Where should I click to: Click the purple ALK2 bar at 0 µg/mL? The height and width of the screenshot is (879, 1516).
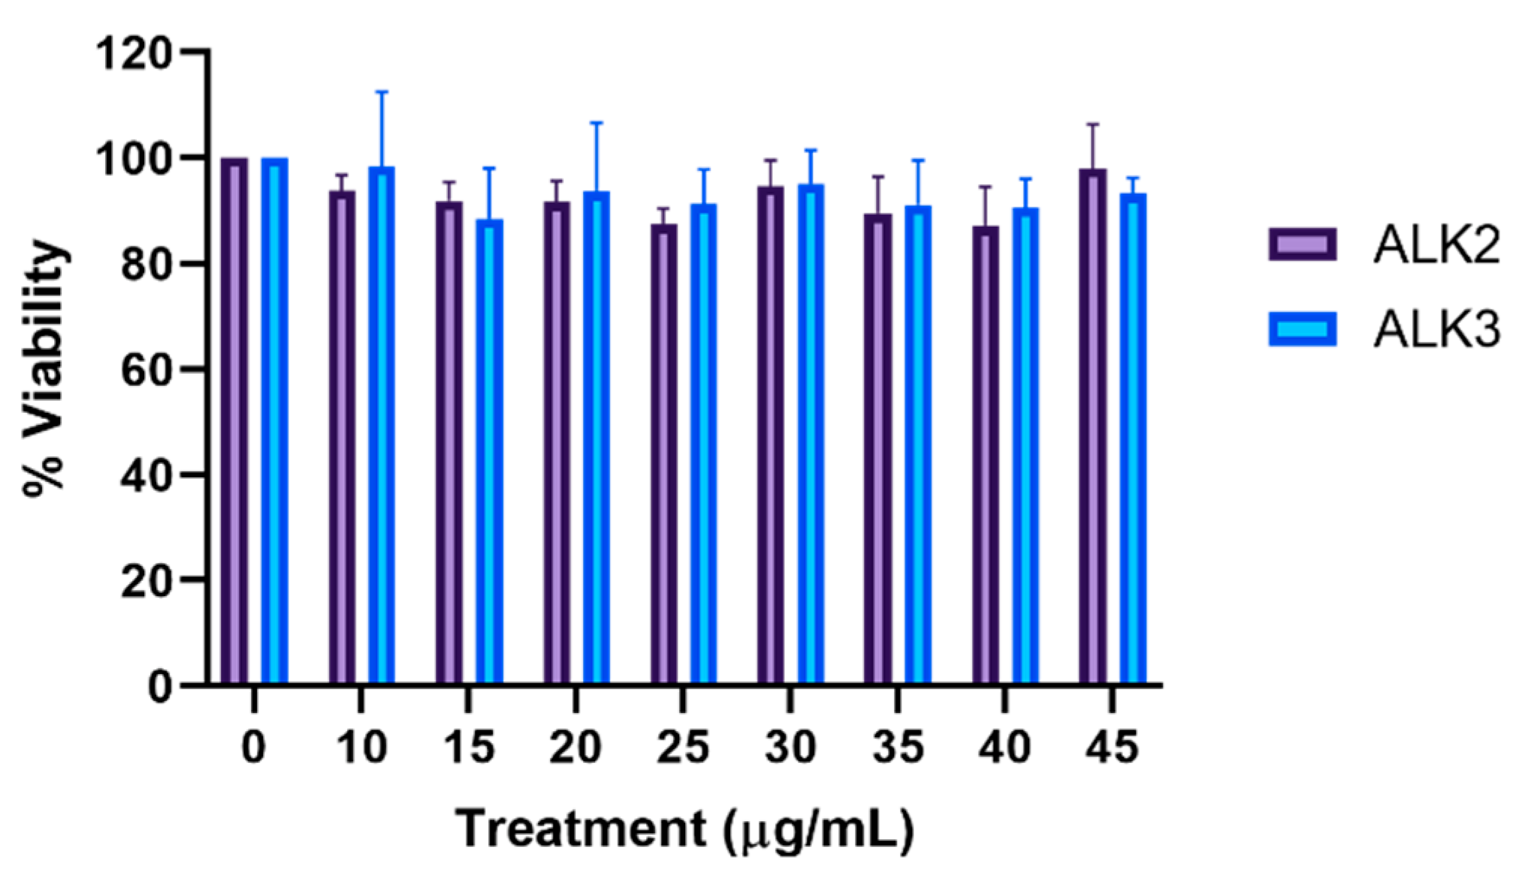pyautogui.click(x=234, y=420)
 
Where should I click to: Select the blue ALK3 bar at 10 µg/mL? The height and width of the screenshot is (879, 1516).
pyautogui.click(x=382, y=424)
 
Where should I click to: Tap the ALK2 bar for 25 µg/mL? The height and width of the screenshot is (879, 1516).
pyautogui.click(x=664, y=454)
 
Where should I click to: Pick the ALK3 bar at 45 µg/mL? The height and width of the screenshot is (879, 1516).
pyautogui.click(x=1133, y=439)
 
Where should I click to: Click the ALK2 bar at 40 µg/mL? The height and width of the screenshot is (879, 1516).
pyautogui.click(x=985, y=454)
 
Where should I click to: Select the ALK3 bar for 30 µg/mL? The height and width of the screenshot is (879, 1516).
pyautogui.click(x=811, y=435)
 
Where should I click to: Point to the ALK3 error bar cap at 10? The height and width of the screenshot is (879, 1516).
pyautogui.click(x=382, y=92)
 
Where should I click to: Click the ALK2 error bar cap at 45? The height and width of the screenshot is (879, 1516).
pyautogui.click(x=1092, y=124)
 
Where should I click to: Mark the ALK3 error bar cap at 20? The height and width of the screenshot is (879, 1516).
pyautogui.click(x=596, y=122)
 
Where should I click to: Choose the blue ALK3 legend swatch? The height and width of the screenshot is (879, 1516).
pyautogui.click(x=1303, y=329)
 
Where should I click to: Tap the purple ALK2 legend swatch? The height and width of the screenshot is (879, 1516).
pyautogui.click(x=1303, y=245)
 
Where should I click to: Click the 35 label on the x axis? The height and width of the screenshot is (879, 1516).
pyautogui.click(x=898, y=748)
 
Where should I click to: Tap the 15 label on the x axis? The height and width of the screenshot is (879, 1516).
pyautogui.click(x=469, y=748)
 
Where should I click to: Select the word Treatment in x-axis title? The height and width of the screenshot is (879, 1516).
pyautogui.click(x=578, y=830)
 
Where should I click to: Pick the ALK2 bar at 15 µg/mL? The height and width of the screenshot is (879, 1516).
pyautogui.click(x=449, y=443)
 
